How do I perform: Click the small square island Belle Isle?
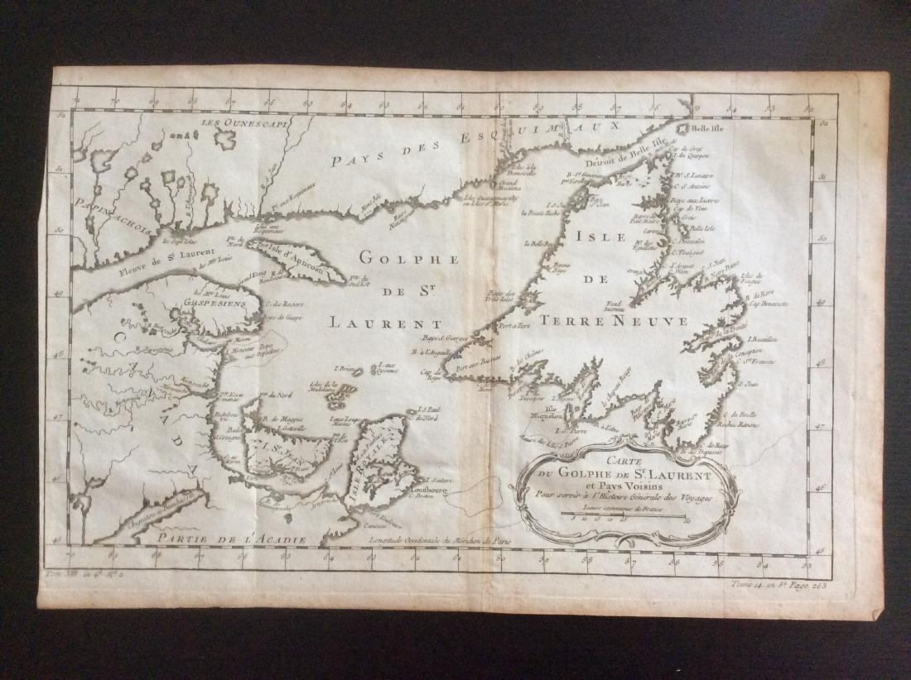click(x=684, y=130)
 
